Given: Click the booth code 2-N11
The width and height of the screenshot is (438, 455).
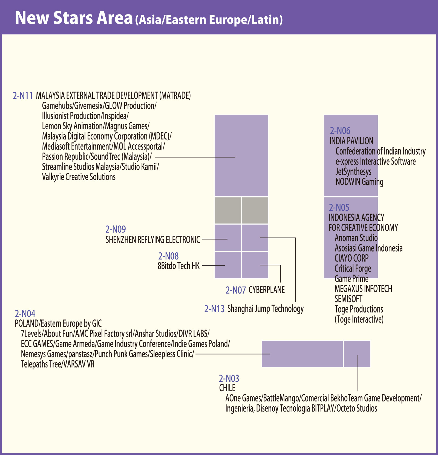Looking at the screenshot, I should pyautogui.click(x=23, y=96).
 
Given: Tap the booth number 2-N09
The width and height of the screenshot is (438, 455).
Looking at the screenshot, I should pyautogui.click(x=116, y=229).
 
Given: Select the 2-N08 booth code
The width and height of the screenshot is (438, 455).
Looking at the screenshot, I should pyautogui.click(x=168, y=256).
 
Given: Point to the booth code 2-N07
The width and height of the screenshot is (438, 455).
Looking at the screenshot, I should pyautogui.click(x=236, y=290).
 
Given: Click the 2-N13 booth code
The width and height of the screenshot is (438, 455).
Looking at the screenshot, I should pyautogui.click(x=214, y=309).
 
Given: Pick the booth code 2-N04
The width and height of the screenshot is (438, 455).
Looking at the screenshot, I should pyautogui.click(x=25, y=314).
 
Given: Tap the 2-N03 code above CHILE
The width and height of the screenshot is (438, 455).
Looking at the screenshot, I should pyautogui.click(x=229, y=378).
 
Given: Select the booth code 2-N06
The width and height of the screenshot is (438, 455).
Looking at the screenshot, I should pyautogui.click(x=340, y=131).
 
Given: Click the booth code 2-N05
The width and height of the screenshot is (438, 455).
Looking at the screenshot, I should pyautogui.click(x=339, y=208).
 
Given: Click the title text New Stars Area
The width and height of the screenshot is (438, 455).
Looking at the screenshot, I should pyautogui.click(x=74, y=18).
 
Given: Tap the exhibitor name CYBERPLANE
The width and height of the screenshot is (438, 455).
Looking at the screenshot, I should pyautogui.click(x=267, y=290).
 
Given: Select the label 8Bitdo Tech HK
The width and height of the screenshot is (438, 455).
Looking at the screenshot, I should pyautogui.click(x=178, y=266).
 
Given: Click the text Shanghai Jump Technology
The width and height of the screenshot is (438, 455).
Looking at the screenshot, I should pyautogui.click(x=265, y=309).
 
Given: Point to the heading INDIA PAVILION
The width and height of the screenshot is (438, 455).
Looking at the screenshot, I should pyautogui.click(x=351, y=141).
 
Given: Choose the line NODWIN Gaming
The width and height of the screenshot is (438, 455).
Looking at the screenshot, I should pyautogui.click(x=359, y=182).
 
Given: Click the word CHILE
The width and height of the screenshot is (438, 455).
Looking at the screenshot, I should pyautogui.click(x=227, y=388).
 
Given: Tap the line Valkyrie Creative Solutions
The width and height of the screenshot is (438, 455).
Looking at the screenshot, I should pyautogui.click(x=79, y=177).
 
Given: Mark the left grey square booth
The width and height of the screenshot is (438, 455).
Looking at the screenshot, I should pyautogui.click(x=227, y=210).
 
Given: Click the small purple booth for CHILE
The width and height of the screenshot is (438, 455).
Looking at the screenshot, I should pyautogui.click(x=357, y=354).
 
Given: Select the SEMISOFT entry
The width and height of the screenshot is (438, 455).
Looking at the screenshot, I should pyautogui.click(x=348, y=299).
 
